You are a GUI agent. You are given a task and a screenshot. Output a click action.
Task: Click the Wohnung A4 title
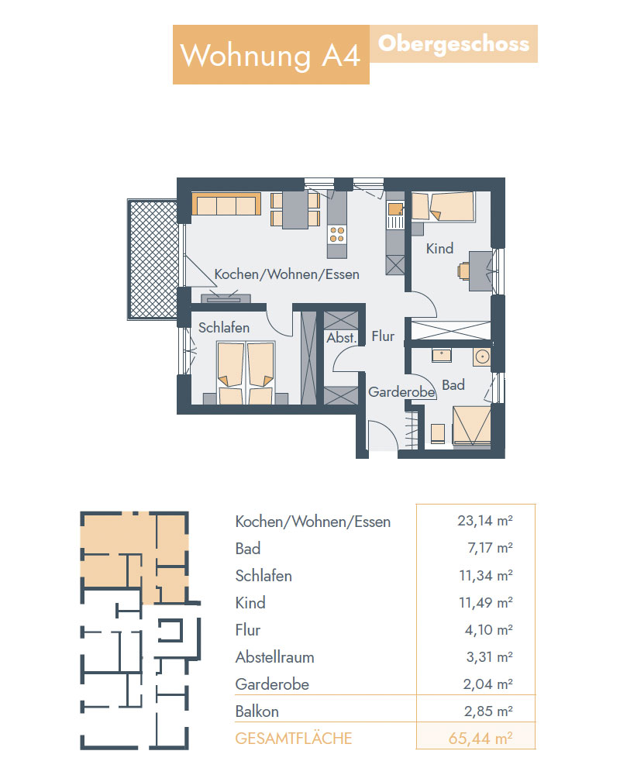[270, 55]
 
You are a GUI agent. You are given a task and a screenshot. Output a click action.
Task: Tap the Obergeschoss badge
[453, 44]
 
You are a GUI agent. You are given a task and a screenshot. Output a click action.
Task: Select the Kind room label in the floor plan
[439, 248]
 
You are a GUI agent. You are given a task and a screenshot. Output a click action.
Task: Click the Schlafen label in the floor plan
[223, 328]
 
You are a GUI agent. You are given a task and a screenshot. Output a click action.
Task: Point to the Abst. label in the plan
[341, 338]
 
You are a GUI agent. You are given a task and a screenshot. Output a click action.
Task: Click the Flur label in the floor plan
[383, 336]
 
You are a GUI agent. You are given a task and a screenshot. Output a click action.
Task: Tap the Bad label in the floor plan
[453, 385]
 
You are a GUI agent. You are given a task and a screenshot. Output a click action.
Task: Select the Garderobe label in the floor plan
[401, 392]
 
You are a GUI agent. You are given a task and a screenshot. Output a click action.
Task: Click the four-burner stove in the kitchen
[336, 234]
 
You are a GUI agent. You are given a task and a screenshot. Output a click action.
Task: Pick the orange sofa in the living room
[226, 204]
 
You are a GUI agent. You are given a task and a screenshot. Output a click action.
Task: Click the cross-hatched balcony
[153, 259]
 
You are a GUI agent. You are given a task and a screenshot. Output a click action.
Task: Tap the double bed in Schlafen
[245, 373]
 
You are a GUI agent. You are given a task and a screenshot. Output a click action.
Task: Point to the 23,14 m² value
[485, 521]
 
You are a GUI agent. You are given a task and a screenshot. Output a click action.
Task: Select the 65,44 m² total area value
[480, 739]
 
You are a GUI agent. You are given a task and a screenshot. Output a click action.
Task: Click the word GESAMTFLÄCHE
[293, 739]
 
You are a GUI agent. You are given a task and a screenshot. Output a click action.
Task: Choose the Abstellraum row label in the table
[275, 657]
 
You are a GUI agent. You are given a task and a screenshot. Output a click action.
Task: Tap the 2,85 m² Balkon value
[488, 711]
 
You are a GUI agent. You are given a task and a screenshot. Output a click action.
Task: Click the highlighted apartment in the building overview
[134, 556]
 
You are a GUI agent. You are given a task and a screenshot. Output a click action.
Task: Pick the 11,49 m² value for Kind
[485, 602]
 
